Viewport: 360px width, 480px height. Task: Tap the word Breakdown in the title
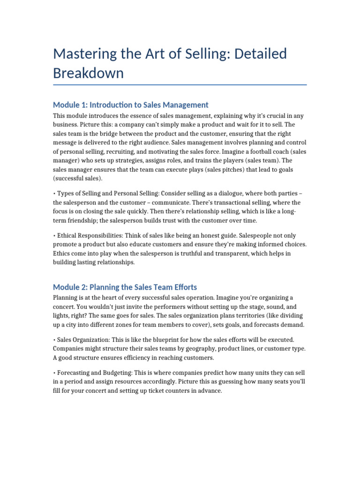point(88,73)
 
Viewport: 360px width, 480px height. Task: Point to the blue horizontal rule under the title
point(180,85)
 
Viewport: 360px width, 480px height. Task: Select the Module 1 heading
point(131,105)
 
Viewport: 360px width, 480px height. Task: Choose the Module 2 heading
point(125,287)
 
